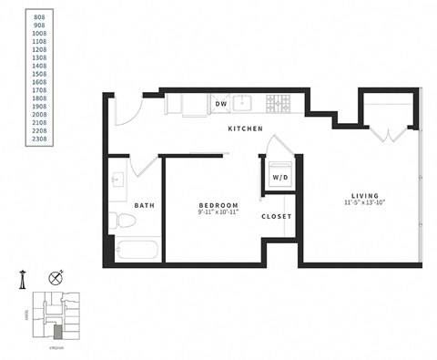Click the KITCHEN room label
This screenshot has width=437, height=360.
click(245, 129)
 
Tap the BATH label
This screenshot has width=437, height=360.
click(144, 205)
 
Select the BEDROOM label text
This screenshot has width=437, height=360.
click(218, 205)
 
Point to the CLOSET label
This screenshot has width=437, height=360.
click(276, 217)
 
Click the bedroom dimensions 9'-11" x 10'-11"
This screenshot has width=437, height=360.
click(218, 212)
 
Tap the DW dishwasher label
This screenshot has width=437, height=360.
click(220, 105)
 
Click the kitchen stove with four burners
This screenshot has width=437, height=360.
click(277, 104)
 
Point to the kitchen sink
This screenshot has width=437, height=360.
click(244, 103)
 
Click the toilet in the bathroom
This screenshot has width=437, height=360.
click(119, 221)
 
